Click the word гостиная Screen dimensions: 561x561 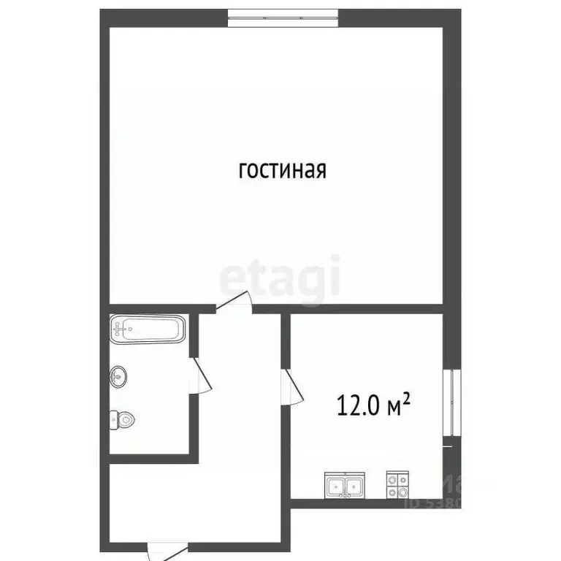click(x=281, y=170)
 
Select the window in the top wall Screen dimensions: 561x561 click(x=283, y=17)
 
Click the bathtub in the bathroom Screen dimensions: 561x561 click(x=148, y=329)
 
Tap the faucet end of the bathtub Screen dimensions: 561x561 click(x=120, y=329)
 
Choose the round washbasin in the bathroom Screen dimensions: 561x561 click(x=120, y=378)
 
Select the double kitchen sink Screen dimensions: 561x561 click(x=345, y=485)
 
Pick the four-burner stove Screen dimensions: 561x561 click(x=397, y=485)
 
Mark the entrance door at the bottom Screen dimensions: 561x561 click(x=165, y=550)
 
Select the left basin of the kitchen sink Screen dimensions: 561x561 click(x=337, y=485)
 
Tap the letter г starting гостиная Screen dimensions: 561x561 click(x=243, y=172)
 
